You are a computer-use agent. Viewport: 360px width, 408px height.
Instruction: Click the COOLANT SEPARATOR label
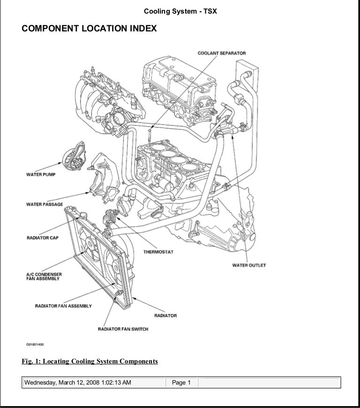pos(221,53)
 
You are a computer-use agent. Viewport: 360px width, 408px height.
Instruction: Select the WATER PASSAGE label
pos(44,204)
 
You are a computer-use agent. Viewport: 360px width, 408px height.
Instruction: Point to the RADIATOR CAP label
pos(42,238)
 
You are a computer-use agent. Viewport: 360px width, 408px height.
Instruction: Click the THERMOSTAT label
pos(158,252)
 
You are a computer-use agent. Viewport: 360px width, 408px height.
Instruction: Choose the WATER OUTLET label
pos(249,265)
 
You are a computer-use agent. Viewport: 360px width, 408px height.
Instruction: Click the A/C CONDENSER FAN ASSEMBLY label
pos(44,276)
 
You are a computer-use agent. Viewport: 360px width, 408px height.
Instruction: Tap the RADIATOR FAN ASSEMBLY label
pos(63,306)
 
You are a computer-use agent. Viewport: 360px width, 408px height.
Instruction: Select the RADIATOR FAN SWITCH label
pos(123,329)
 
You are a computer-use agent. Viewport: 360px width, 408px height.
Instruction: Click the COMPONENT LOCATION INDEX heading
pos(89,29)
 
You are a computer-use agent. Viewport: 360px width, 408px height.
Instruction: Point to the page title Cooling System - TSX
pos(180,10)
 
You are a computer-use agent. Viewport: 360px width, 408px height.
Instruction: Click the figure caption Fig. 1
pos(90,361)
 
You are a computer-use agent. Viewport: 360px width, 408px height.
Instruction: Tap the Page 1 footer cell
pos(181,383)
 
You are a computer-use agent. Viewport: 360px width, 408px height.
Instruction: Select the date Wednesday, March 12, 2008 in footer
pos(78,383)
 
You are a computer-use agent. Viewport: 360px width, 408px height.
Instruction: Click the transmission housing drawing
pos(220,225)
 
